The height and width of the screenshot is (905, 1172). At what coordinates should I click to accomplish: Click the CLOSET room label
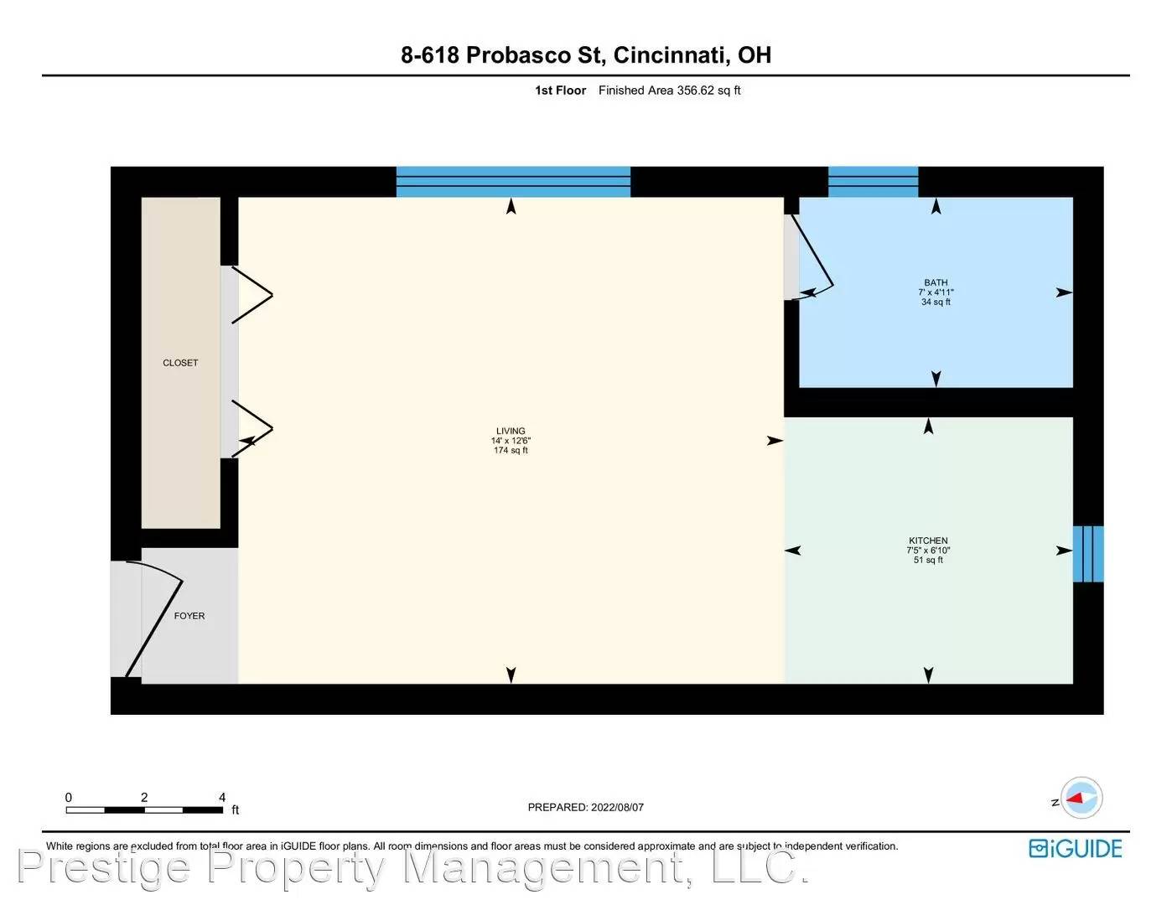[180, 363]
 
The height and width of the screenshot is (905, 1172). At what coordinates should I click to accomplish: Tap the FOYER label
[189, 616]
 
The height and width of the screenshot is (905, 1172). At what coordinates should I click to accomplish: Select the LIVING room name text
[511, 431]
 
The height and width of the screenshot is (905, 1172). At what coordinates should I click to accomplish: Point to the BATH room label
[936, 282]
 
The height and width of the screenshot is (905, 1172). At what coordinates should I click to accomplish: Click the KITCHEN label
[928, 540]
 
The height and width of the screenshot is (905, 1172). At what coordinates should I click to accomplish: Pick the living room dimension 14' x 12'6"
[511, 441]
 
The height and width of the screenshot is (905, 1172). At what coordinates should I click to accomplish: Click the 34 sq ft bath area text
[936, 302]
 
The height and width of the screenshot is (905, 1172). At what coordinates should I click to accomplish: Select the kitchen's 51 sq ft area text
[928, 560]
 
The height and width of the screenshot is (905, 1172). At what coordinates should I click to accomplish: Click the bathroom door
[815, 256]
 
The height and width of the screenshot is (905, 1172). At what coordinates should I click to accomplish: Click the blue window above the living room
[512, 181]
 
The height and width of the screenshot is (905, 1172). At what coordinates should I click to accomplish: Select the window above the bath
[873, 181]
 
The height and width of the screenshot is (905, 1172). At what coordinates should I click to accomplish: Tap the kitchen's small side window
[1088, 554]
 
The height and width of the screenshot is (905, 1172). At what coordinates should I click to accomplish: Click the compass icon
[1081, 799]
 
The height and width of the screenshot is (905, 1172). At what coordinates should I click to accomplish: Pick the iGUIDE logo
[1075, 849]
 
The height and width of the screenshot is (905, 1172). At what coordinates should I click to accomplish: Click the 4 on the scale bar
[222, 797]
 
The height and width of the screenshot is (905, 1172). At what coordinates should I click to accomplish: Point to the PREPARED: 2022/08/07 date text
[585, 807]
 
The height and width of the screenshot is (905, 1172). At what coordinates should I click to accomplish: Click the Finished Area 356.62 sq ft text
[669, 90]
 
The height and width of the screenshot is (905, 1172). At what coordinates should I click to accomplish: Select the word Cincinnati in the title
[669, 55]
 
